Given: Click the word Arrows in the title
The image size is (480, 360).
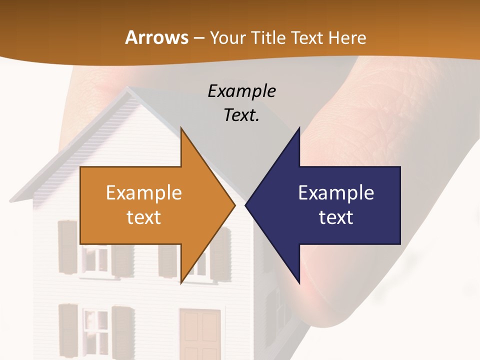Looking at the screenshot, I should coord(157,37).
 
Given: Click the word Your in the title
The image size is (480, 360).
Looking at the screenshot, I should coord(228,37).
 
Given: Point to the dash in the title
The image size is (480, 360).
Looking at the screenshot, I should coord(199,38).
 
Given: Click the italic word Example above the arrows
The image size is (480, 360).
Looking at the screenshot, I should coord(242,91).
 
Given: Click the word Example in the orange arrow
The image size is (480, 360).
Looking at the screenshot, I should coord(144,192).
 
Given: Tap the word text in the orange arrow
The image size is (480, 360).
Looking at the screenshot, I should coord(144,217).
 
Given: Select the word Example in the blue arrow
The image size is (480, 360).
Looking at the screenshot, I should coord(336,192).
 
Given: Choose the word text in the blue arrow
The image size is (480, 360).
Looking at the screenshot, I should coord(336,217).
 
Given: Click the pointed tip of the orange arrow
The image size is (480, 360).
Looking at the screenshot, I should coord(234,205).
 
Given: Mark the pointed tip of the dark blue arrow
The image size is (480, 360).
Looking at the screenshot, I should coord(246,205).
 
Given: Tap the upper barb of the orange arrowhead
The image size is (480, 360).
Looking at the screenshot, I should coord(182,129).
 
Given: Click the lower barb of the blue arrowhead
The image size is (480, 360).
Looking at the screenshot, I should coord(298,282).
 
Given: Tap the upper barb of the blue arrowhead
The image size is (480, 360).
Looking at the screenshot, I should coord(298,129).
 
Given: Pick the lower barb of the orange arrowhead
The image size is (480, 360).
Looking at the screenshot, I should coord(182,282).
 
